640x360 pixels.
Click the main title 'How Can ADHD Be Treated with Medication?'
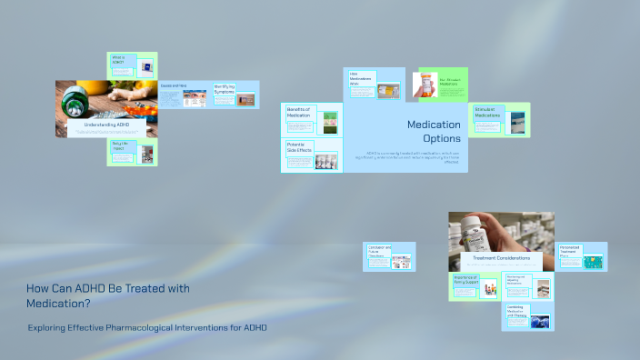pos(107,295)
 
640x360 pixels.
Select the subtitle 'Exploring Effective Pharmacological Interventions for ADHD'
pos(147,326)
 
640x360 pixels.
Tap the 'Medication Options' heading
pos(434,131)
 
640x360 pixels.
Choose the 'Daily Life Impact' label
pos(119,145)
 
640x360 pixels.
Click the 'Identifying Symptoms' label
pos(224,89)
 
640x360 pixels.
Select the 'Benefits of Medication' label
pos(298,112)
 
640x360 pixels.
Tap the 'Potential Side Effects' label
pos(299,147)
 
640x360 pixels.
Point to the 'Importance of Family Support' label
pos(465,281)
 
